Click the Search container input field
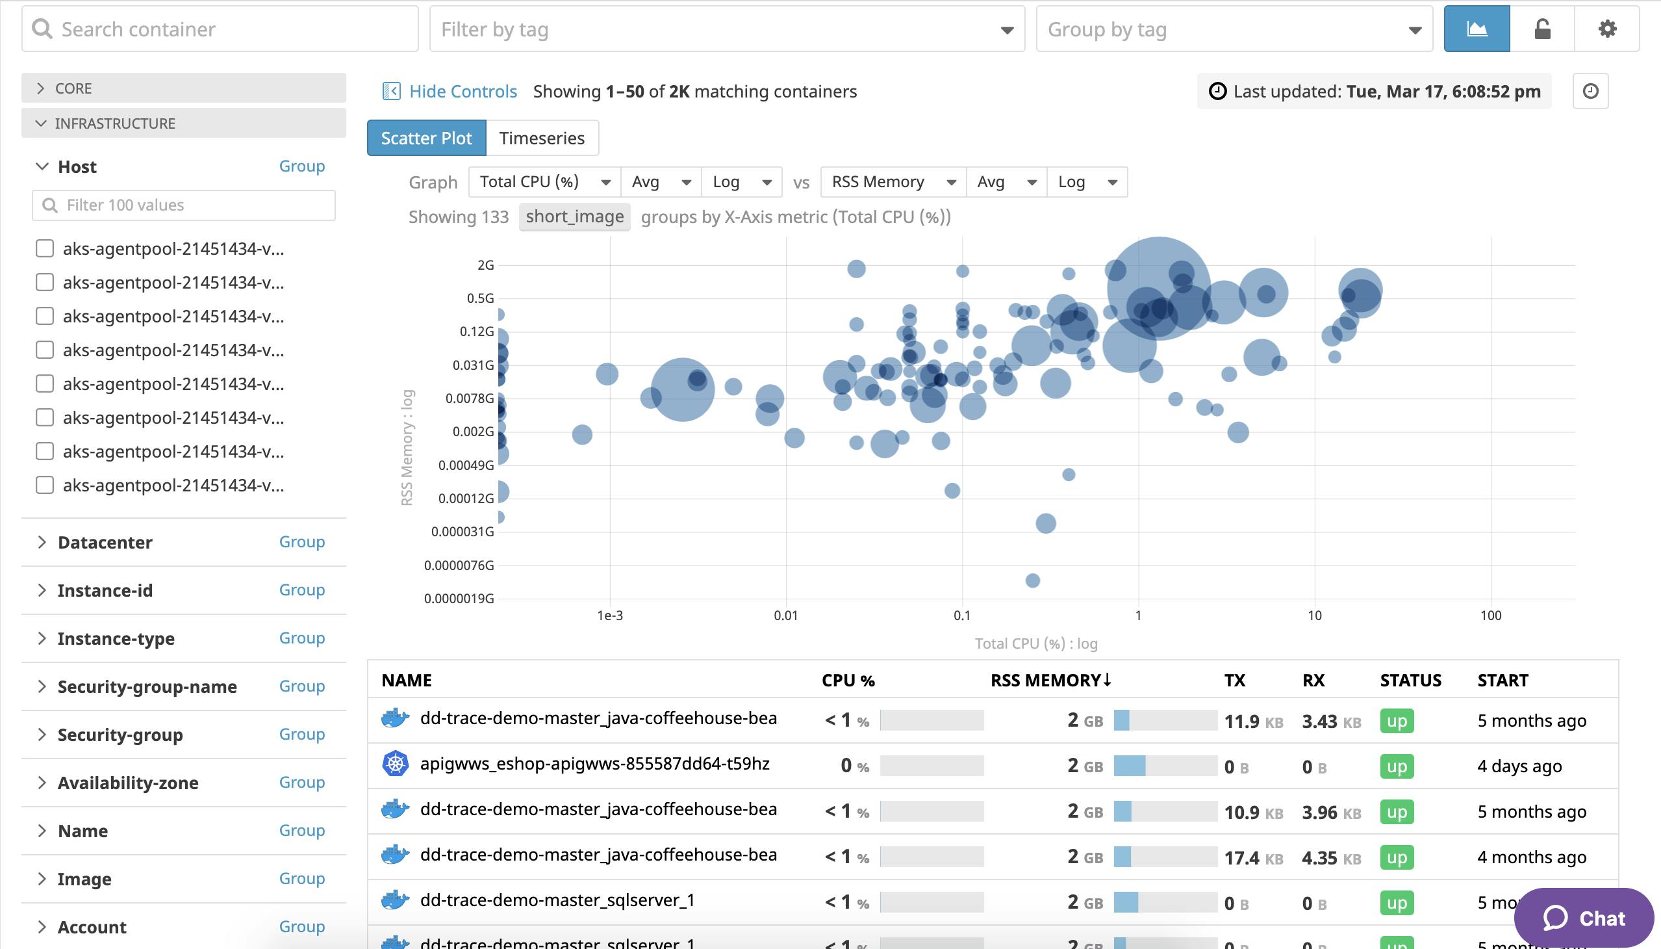pyautogui.click(x=222, y=29)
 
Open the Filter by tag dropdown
pyautogui.click(x=726, y=29)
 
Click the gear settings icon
pyautogui.click(x=1606, y=29)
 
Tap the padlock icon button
pyautogui.click(x=1541, y=29)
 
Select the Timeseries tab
pyautogui.click(x=541, y=138)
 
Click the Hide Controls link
pyautogui.click(x=462, y=91)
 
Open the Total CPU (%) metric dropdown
pyautogui.click(x=544, y=182)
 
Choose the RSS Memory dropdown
pyautogui.click(x=893, y=182)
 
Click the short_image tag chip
pyautogui.click(x=574, y=216)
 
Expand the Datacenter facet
pyautogui.click(x=104, y=542)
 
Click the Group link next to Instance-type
pyautogui.click(x=301, y=638)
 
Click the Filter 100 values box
pyautogui.click(x=184, y=205)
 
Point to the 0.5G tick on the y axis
pyautogui.click(x=480, y=298)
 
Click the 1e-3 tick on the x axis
pyautogui.click(x=610, y=616)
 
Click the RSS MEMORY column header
pyautogui.click(x=1050, y=681)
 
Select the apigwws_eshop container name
pyautogui.click(x=594, y=764)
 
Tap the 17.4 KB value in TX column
pyautogui.click(x=1252, y=858)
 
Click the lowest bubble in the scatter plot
pyautogui.click(x=1032, y=580)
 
